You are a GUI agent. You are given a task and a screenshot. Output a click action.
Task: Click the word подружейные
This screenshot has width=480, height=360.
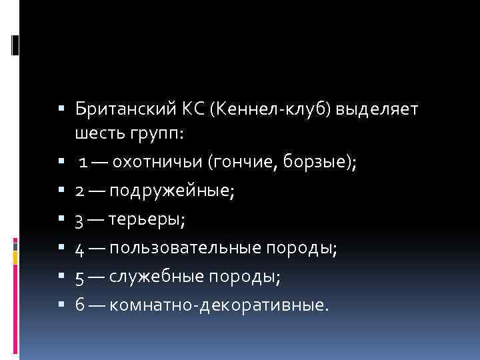coord(172,192)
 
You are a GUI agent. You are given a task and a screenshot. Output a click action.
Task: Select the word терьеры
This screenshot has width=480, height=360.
coord(143,220)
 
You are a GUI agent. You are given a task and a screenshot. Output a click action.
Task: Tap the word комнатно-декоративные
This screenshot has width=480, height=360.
coord(219,305)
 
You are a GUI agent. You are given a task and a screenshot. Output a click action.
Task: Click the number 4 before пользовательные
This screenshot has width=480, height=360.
coord(79,249)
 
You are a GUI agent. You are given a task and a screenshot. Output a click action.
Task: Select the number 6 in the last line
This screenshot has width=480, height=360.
coord(79,305)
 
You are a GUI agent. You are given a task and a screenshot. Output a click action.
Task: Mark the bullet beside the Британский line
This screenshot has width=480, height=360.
coord(61,107)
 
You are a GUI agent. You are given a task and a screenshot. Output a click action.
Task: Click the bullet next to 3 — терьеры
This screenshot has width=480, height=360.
coord(61,220)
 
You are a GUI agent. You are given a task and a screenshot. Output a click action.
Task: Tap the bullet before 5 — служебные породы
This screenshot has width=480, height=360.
coord(61,277)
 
